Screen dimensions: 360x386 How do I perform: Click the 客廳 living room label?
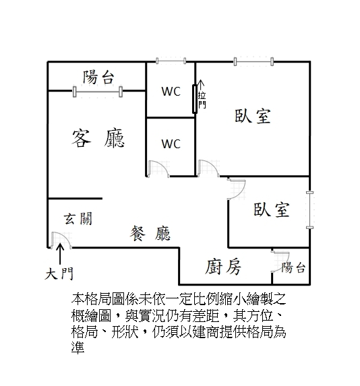[x=98, y=138]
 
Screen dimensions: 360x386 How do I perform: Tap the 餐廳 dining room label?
[x=150, y=233]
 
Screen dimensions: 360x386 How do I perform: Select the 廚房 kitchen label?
[x=223, y=267]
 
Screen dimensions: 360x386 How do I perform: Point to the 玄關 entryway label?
[x=78, y=218]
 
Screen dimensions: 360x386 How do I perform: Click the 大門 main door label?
[x=59, y=274]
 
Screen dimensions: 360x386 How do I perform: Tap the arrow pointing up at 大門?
[x=60, y=254]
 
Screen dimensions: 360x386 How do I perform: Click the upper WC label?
[x=171, y=92]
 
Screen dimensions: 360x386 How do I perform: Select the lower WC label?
[x=171, y=143]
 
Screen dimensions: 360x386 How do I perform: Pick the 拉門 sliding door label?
[x=202, y=100]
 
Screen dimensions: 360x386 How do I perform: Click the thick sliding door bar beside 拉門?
[x=195, y=99]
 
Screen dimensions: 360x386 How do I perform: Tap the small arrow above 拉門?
[x=202, y=85]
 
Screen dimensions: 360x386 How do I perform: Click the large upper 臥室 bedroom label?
[x=253, y=116]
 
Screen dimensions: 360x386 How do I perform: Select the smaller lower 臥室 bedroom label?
[x=271, y=210]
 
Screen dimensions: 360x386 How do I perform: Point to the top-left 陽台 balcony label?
[x=98, y=77]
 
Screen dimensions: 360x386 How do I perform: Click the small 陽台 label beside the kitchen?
[x=293, y=267]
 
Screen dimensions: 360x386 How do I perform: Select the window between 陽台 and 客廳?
[x=98, y=92]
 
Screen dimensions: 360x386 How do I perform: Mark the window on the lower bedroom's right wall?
[x=309, y=210]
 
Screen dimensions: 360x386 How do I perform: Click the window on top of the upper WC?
[x=171, y=61]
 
